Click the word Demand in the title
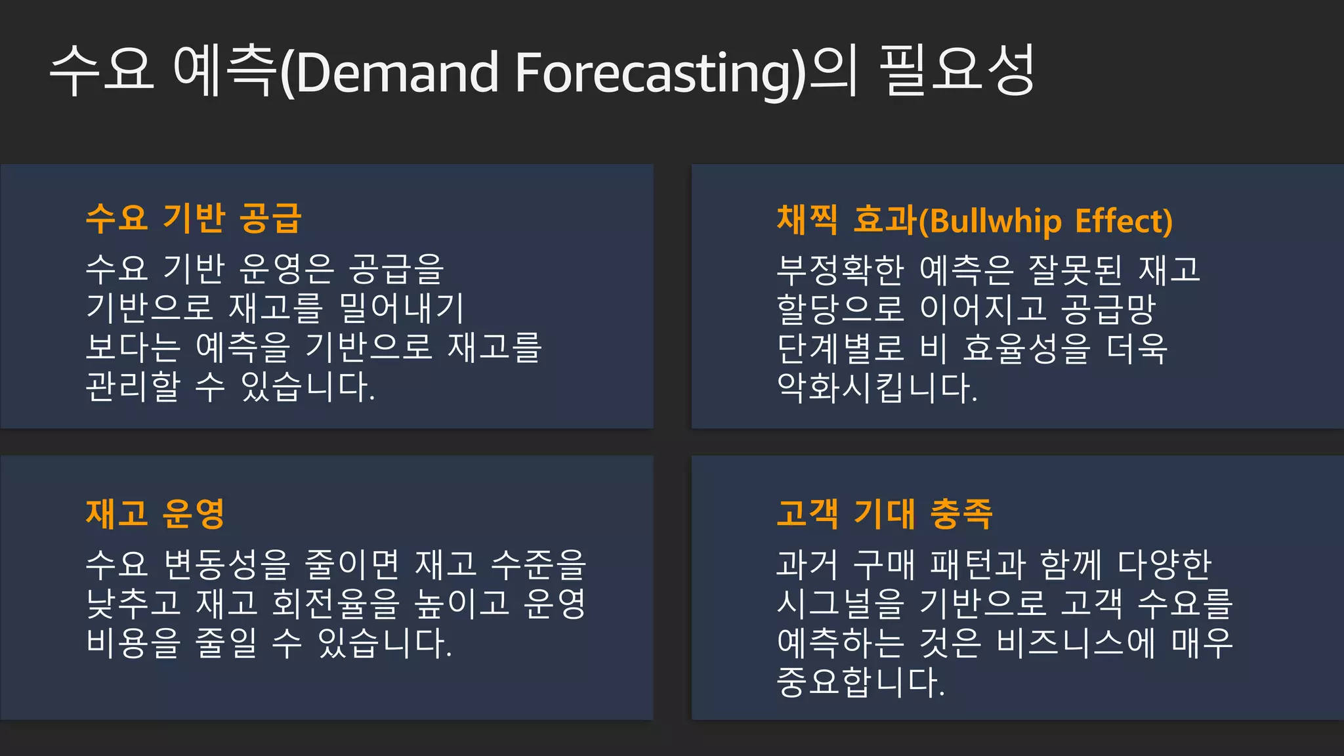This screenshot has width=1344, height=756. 398,72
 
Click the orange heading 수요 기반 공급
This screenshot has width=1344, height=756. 194,218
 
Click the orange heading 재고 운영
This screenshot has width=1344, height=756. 156,513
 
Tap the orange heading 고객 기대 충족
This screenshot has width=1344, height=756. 884,513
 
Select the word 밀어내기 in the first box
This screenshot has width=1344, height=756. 402,308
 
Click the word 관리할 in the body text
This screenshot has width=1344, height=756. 133,386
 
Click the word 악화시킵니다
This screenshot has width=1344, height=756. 877,387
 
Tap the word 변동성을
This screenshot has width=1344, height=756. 226,564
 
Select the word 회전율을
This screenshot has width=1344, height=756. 335,603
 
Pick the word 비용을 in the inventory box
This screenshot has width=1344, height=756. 133,642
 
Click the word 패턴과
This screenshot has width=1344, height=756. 978,564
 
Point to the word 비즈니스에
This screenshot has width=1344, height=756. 1076,642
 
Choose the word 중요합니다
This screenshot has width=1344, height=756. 860,682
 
